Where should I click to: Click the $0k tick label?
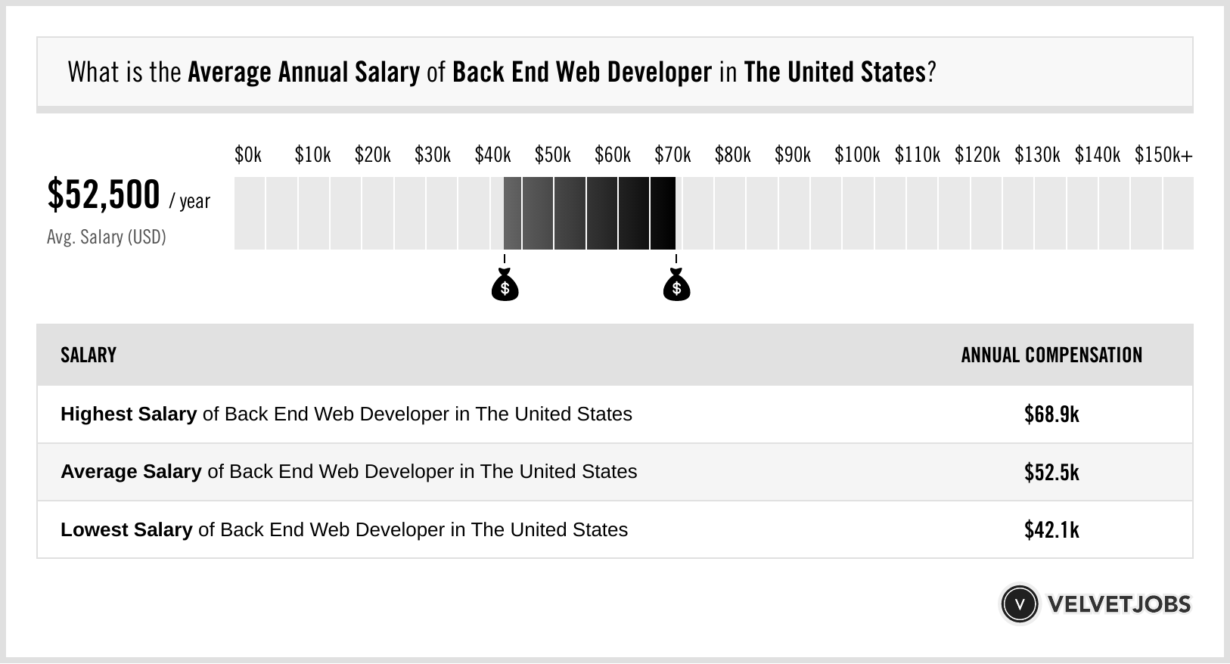tap(248, 155)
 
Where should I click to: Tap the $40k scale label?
tap(492, 155)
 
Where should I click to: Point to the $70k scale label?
tap(672, 155)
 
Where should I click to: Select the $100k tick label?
tap(857, 155)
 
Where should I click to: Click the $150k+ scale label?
tap(1163, 155)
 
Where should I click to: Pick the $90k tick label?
tap(793, 155)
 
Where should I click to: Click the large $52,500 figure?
tap(104, 195)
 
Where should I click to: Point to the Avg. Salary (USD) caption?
tap(107, 237)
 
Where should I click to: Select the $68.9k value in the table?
tap(1051, 414)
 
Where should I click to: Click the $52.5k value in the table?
tap(1051, 472)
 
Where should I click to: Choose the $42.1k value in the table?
tap(1051, 529)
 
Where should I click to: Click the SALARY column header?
tap(89, 355)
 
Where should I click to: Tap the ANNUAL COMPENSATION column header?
tap(1051, 355)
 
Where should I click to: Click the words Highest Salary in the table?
tap(129, 414)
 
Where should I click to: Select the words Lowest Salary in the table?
tap(126, 529)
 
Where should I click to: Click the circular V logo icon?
tap(1019, 604)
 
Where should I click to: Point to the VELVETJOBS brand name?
tap(1119, 604)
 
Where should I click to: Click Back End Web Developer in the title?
tap(582, 73)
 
